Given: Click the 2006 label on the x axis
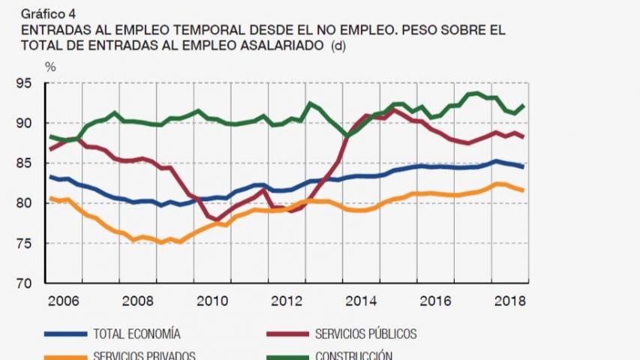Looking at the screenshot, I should tap(64, 300).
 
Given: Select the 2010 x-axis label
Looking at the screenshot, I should tap(212, 300).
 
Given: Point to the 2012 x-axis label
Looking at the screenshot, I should tap(287, 300).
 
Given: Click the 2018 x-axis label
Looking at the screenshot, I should tap(509, 300).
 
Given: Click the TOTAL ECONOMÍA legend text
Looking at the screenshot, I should tap(137, 334).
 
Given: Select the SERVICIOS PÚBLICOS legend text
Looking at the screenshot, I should tap(365, 334).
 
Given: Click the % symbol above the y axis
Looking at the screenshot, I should tap(50, 66).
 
